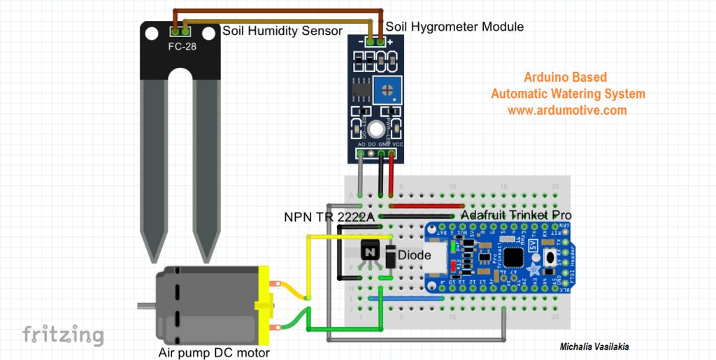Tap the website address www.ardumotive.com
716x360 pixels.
click(x=567, y=110)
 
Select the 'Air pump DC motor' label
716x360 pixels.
click(x=214, y=352)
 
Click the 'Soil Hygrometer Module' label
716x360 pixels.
click(x=454, y=27)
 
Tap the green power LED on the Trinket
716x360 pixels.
click(x=456, y=246)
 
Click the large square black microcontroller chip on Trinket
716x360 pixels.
click(x=516, y=256)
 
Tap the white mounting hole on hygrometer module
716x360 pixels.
click(x=376, y=129)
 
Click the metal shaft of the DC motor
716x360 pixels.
click(x=145, y=305)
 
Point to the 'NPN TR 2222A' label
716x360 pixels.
click(x=326, y=217)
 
